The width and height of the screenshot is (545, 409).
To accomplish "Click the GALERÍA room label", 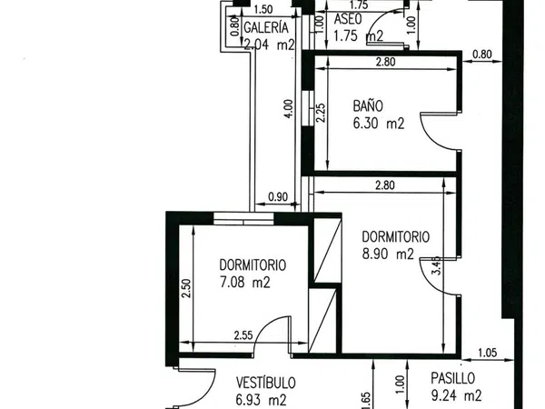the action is [266, 27].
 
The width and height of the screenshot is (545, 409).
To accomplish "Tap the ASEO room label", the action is [348, 19].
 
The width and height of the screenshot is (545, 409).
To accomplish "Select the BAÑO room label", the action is [368, 105].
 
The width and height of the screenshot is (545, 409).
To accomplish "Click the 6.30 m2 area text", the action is [379, 124].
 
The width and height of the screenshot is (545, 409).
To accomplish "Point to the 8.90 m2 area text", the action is [388, 254].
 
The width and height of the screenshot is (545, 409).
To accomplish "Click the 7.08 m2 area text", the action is [245, 282].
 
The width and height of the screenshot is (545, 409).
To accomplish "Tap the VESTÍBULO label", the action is [266, 383].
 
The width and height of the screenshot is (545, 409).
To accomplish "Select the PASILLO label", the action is [453, 378].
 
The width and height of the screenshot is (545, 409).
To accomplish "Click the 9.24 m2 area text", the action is [456, 395].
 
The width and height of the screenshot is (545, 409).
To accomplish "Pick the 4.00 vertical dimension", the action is [289, 109].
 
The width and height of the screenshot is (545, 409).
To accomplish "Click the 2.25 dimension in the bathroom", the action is [321, 113].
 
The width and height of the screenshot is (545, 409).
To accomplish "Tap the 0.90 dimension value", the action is [278, 197].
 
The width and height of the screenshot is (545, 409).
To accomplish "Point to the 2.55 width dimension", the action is [243, 335].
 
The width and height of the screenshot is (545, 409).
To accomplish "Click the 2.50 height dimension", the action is [186, 288].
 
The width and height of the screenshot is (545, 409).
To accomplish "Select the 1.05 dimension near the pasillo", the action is [488, 353].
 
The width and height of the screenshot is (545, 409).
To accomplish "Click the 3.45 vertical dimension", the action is [437, 265].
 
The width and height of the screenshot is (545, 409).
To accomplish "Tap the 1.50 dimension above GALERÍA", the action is [263, 9].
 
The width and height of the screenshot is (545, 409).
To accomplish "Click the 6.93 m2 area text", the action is [261, 400].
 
